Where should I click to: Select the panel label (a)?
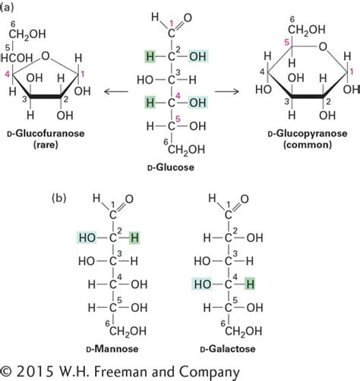click(x=10, y=7)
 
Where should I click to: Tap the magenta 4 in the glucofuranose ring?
click(x=8, y=74)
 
